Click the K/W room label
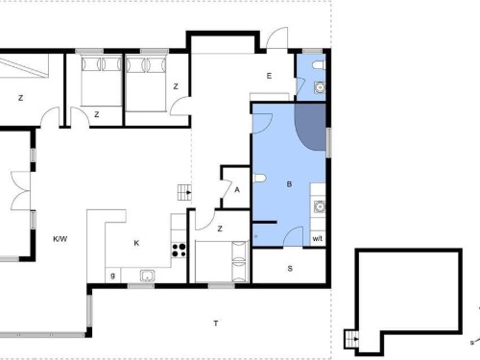pos(60,239)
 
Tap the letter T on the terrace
pos(216,324)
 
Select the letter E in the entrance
pos(269,76)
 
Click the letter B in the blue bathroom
pos(289,184)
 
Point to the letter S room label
pos(290,269)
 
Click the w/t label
pos(317,239)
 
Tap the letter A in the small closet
pos(237,190)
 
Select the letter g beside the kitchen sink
pos(112,276)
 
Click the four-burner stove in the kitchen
pos(179,250)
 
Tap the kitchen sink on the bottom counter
pos(147,276)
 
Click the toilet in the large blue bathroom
pos(259,178)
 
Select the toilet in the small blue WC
pos(319,65)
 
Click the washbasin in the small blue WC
pos(320,87)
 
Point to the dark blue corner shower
pos(310,127)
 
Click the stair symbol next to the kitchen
pos(184,192)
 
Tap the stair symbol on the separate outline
pos(352,339)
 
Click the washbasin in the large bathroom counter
pos(320,207)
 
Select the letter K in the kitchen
pos(136,243)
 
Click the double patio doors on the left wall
pos(20,191)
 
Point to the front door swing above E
pos(277,38)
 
